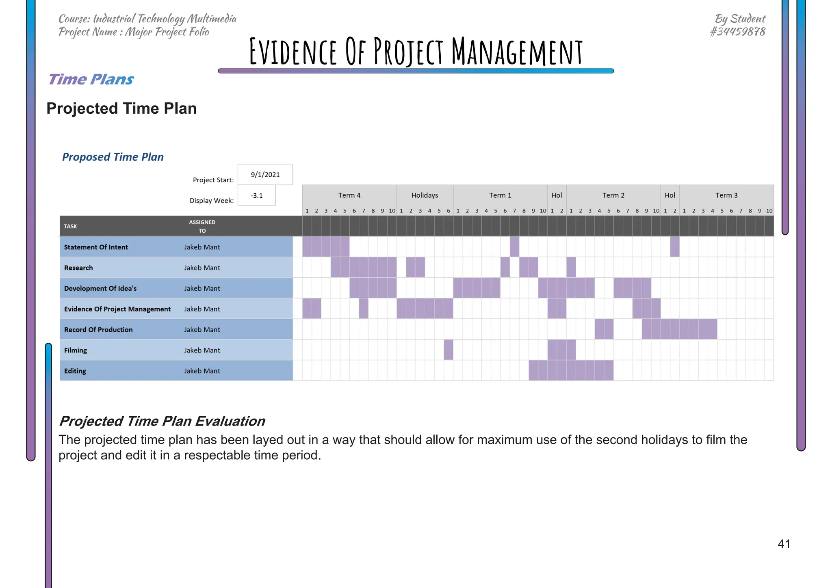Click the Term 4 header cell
(x=349, y=195)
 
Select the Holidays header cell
(x=425, y=195)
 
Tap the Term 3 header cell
(x=726, y=195)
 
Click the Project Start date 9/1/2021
(x=265, y=175)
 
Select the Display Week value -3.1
(x=256, y=196)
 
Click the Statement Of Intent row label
(x=96, y=247)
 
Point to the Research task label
(x=78, y=268)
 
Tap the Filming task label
(x=76, y=350)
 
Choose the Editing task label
(x=75, y=371)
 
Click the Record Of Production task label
(x=98, y=329)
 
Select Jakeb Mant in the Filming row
(x=202, y=350)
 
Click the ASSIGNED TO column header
(x=202, y=226)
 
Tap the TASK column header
(x=70, y=226)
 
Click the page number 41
(x=784, y=544)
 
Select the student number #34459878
(x=737, y=32)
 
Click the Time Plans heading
(x=91, y=79)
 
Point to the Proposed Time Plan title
(x=113, y=157)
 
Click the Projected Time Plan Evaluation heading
(x=162, y=421)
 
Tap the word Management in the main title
(x=517, y=52)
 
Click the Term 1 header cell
(x=500, y=195)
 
